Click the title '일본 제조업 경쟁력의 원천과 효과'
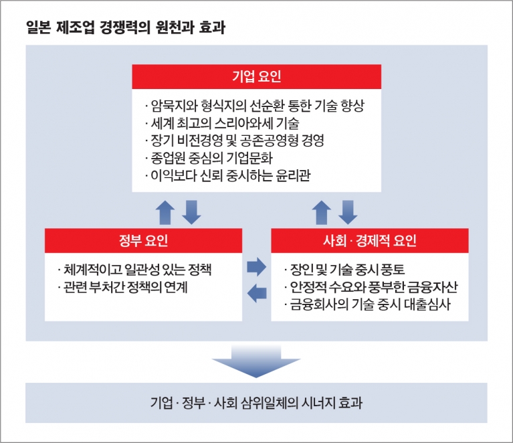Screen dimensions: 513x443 pyautogui.click(x=126, y=27)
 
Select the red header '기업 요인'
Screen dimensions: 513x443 pyautogui.click(x=257, y=76)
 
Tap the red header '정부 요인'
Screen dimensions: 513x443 pyautogui.click(x=143, y=241)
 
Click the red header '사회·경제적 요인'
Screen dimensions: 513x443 pyautogui.click(x=370, y=241)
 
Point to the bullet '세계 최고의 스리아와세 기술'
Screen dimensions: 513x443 pyautogui.click(x=222, y=123)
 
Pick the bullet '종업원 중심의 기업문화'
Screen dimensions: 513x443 pyautogui.click(x=209, y=158)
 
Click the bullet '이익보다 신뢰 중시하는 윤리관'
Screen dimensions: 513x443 pyautogui.click(x=227, y=176)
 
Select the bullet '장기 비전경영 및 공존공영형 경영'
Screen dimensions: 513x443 pyautogui.click(x=234, y=141)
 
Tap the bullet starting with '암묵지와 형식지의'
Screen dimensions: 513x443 pyautogui.click(x=255, y=106)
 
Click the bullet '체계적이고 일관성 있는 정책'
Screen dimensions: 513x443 pyautogui.click(x=134, y=270)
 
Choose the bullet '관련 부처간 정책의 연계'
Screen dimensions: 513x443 pyautogui.click(x=122, y=287)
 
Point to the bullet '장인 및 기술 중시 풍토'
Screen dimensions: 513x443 pyautogui.click(x=344, y=270)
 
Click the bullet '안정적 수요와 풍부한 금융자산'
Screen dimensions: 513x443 pyautogui.click(x=371, y=287)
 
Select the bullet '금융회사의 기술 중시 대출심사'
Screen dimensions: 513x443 pyautogui.click(x=367, y=304)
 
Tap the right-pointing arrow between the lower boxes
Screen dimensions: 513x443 pyautogui.click(x=257, y=267)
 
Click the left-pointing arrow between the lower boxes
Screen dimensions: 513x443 pyautogui.click(x=257, y=292)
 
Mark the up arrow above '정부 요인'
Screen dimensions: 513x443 pyautogui.click(x=165, y=213)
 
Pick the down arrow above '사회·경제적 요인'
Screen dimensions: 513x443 pyautogui.click(x=348, y=213)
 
